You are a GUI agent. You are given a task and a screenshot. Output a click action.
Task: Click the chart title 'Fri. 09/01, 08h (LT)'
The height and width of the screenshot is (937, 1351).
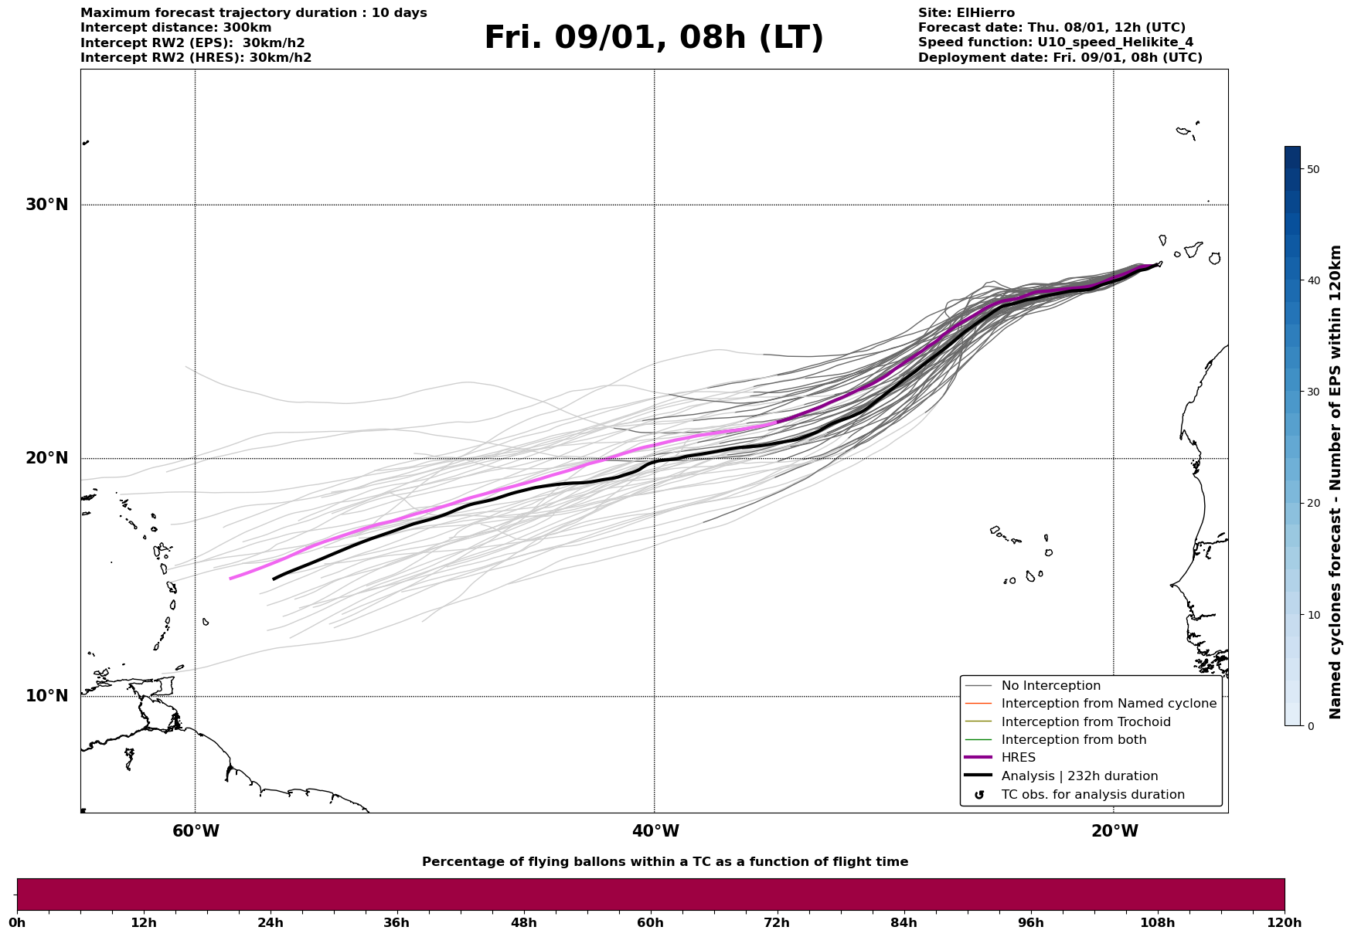654,38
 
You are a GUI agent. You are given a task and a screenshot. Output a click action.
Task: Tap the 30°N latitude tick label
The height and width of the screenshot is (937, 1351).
47,205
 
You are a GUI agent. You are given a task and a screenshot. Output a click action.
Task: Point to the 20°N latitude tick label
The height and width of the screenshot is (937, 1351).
47,458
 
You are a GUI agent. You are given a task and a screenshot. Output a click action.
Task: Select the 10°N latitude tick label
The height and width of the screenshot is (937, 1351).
47,696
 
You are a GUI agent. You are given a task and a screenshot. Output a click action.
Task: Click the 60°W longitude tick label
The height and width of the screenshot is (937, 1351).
196,831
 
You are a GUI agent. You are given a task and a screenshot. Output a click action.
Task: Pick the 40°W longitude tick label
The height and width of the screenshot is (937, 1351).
655,831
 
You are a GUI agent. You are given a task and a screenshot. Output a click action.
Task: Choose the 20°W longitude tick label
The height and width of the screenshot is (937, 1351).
1114,831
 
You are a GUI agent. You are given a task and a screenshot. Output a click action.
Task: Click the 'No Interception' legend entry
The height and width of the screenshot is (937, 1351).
1050,686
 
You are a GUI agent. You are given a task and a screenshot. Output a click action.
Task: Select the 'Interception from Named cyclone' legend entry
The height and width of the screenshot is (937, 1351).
1108,704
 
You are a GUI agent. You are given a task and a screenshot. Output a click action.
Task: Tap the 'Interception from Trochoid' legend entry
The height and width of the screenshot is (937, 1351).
1085,722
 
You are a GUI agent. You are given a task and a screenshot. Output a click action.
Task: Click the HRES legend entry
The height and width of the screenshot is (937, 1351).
1018,758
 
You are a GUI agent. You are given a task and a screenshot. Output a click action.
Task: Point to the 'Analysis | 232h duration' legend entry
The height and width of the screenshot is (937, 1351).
1079,776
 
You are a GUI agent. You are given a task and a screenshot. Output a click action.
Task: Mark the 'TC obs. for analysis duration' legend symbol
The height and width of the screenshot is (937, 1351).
979,795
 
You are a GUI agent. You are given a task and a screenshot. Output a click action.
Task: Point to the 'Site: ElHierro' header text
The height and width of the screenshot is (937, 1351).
966,13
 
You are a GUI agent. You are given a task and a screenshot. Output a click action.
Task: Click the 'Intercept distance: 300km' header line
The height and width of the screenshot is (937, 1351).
175,28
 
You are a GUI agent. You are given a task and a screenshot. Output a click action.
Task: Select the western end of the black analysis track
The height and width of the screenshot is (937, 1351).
274,579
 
